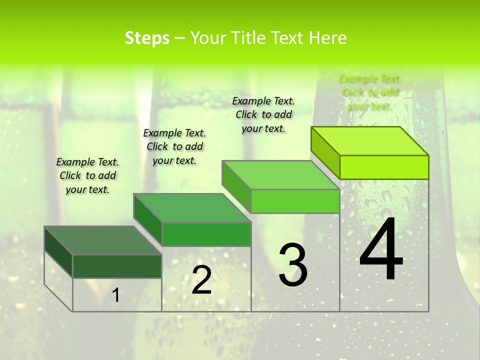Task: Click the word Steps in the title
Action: pyautogui.click(x=147, y=38)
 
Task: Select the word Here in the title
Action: pyautogui.click(x=327, y=38)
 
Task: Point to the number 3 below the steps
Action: pyautogui.click(x=292, y=265)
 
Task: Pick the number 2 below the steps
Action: pyautogui.click(x=201, y=280)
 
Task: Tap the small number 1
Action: pyautogui.click(x=116, y=295)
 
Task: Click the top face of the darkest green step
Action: pyautogui.click(x=102, y=240)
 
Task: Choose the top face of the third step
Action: pyautogui.click(x=280, y=175)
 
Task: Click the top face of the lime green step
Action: pyautogui.click(x=369, y=141)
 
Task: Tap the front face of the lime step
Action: pyautogui.click(x=384, y=167)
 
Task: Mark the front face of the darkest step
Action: pyautogui.click(x=117, y=266)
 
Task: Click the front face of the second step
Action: pyautogui.click(x=206, y=234)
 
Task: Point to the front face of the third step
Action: pyautogui.click(x=295, y=201)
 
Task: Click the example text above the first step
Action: pyautogui.click(x=87, y=175)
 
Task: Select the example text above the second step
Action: pyautogui.click(x=174, y=146)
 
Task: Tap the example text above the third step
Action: pyautogui.click(x=263, y=114)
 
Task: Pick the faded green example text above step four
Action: pyautogui.click(x=369, y=92)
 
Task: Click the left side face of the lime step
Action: pyautogui.click(x=325, y=152)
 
